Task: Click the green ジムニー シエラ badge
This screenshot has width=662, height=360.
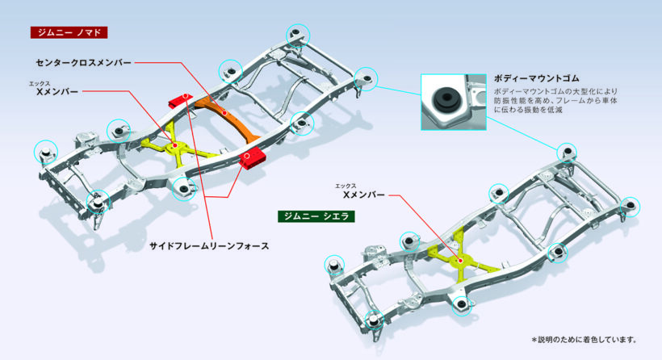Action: point(313,216)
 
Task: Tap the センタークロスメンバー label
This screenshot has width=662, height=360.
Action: point(82,61)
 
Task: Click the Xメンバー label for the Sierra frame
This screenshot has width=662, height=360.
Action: point(364,195)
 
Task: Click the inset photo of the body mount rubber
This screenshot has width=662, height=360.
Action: point(453,101)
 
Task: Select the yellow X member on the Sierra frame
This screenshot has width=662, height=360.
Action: point(461,258)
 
